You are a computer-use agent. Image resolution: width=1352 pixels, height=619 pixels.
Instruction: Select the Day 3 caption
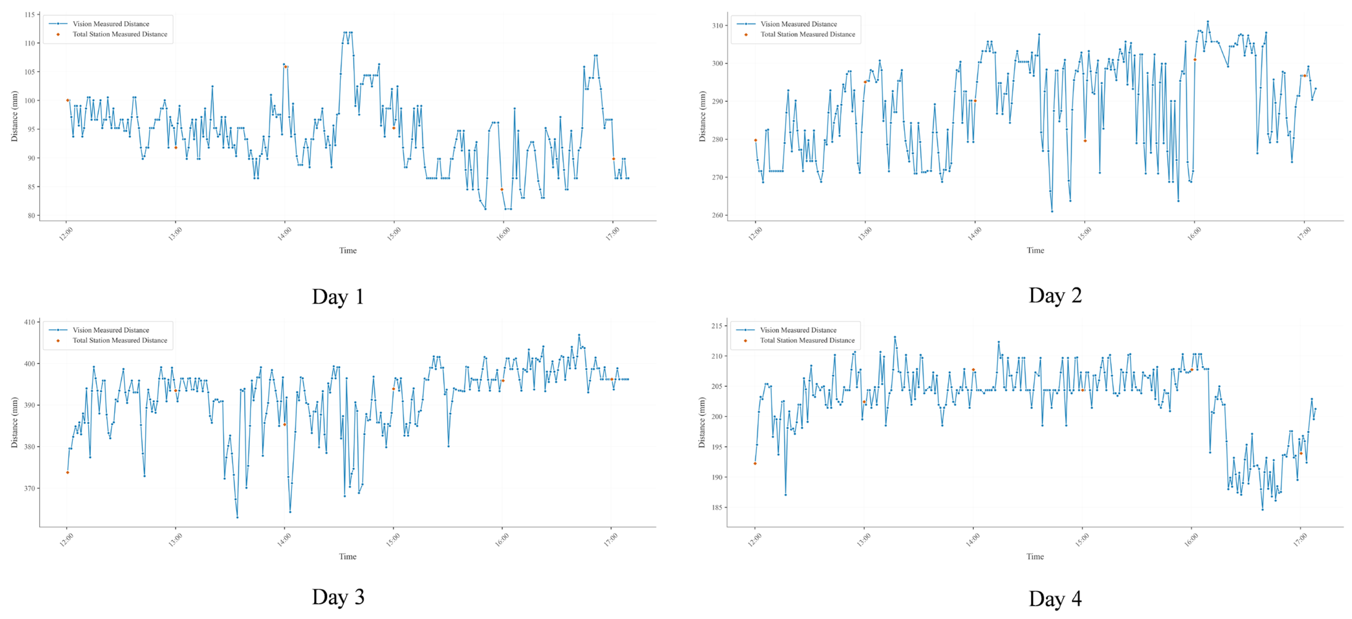point(338,597)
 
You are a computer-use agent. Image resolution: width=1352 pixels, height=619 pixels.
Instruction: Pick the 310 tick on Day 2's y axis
point(717,25)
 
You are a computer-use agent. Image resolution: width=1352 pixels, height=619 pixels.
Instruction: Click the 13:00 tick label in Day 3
point(175,540)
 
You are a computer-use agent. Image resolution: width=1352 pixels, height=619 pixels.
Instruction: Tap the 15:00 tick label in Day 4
point(1082,540)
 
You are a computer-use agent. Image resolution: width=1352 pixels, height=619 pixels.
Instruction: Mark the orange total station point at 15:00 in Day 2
point(1085,141)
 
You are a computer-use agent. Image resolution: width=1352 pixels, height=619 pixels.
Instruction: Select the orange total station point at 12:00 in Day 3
point(67,472)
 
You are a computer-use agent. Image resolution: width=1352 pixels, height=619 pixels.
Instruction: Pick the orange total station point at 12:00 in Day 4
point(755,463)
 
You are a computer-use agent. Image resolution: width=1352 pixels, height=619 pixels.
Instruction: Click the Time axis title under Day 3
point(347,556)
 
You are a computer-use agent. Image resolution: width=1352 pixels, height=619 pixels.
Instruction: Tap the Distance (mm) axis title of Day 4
point(702,422)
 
